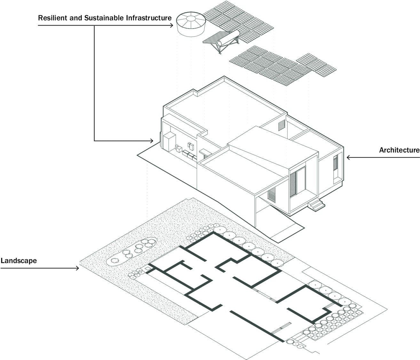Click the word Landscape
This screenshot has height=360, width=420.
(x=19, y=260)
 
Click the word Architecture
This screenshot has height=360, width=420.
(x=399, y=150)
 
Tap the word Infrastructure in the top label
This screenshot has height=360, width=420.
(x=149, y=18)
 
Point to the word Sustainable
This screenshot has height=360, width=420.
(x=104, y=18)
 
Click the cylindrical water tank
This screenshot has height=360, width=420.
(x=191, y=24)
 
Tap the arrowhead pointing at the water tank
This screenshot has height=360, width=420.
(x=171, y=25)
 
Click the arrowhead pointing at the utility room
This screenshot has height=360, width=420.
(x=151, y=141)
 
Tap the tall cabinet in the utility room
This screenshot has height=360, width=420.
(x=170, y=141)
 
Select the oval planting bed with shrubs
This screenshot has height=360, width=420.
(x=132, y=251)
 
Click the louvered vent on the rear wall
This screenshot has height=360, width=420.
(x=281, y=125)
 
